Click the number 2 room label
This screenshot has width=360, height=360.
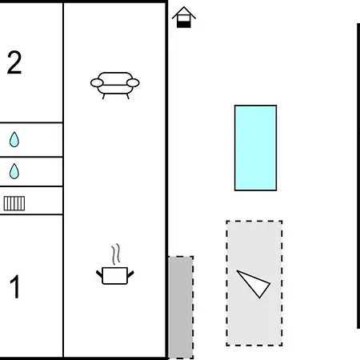[14, 62]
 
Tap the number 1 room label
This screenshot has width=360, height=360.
[15, 286]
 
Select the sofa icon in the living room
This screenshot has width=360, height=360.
[115, 86]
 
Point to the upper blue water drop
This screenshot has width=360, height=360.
[14, 139]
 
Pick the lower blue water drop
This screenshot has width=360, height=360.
[14, 171]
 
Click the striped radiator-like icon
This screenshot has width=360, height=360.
[14, 203]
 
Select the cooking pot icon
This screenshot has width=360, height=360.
[115, 275]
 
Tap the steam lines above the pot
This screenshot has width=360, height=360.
[116, 254]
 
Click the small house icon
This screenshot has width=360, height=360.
[184, 17]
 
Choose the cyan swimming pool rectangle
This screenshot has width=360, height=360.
[255, 148]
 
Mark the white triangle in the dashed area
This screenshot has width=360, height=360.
[254, 283]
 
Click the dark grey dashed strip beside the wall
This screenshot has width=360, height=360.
[181, 307]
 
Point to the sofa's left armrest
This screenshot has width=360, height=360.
[97, 83]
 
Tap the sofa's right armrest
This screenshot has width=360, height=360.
[133, 83]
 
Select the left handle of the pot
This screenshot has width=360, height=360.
[99, 274]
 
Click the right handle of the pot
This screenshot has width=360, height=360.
[130, 274]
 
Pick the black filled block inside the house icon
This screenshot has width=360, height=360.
[184, 24]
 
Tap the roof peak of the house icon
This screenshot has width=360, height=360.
[184, 7]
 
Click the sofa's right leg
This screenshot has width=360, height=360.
[128, 96]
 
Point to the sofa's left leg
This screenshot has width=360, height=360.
[103, 96]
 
